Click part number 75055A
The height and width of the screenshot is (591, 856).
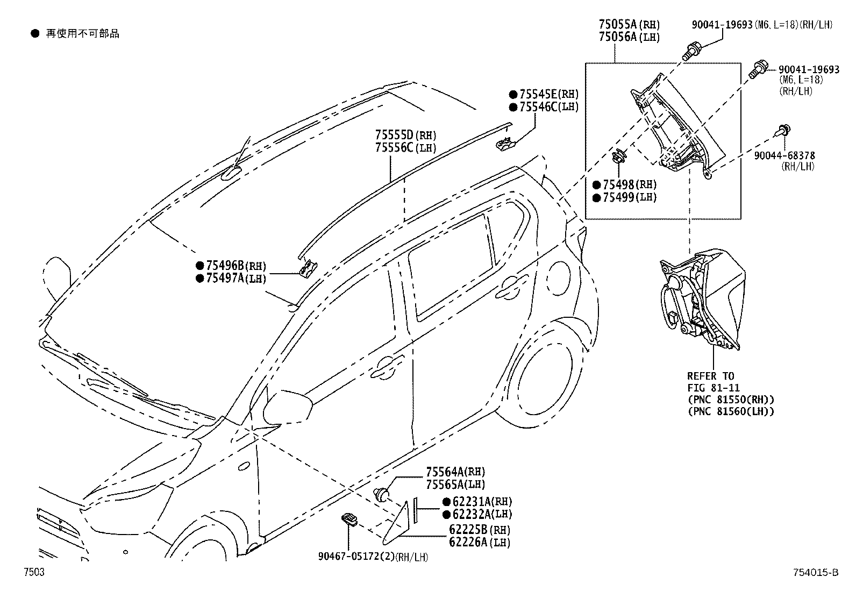618,24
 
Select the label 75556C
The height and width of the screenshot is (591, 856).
394,147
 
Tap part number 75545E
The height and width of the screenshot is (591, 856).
538,94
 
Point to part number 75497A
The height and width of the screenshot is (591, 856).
225,279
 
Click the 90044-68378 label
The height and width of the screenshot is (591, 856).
784,155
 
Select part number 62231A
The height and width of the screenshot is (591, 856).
472,502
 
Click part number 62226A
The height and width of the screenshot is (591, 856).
468,542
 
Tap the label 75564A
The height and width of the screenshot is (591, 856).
445,472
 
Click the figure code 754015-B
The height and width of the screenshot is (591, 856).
816,572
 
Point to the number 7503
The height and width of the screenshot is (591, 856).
34,572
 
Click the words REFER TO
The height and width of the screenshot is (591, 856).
711,376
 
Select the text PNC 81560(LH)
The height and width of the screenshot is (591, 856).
731,412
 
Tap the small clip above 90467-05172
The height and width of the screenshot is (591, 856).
349,519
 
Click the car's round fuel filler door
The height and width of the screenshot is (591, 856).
559,278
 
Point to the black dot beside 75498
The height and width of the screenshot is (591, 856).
596,185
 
